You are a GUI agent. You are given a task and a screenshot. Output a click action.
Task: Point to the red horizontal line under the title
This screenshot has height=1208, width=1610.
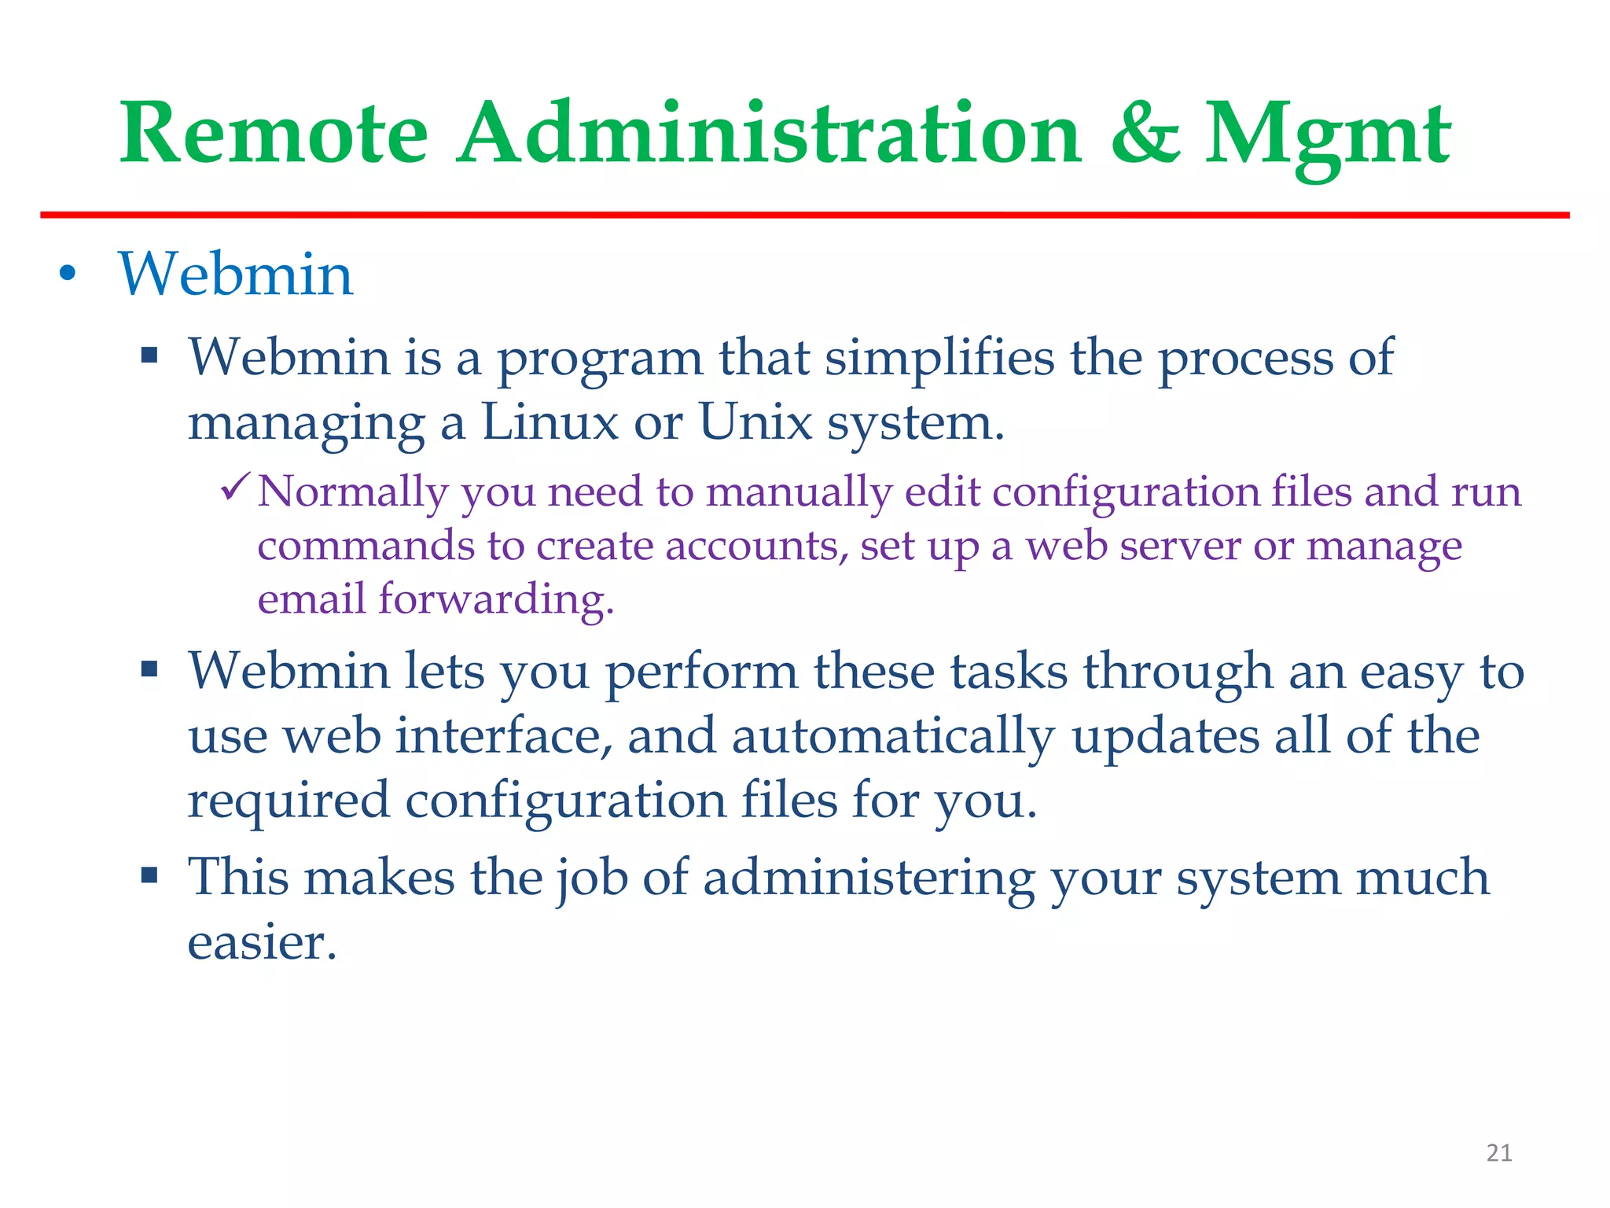[x=805, y=215]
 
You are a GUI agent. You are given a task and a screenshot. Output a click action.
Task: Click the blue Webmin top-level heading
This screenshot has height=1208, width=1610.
[x=235, y=274]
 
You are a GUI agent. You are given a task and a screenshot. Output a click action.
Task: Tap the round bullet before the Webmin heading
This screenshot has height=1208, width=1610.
[x=68, y=274]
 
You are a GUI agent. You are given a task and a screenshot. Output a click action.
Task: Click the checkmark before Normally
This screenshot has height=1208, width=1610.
[x=235, y=488]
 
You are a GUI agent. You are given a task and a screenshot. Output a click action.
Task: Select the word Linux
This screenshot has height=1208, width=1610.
[x=550, y=422]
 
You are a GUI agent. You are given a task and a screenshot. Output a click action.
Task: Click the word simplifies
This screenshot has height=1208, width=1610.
[x=939, y=358]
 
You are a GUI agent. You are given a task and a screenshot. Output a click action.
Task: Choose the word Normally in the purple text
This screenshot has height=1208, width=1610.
[x=352, y=492]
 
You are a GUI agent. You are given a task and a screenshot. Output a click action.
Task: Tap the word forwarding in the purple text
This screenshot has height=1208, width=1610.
[x=495, y=600]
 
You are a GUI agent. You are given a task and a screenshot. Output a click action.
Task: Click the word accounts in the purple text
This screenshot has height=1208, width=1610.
[x=756, y=546]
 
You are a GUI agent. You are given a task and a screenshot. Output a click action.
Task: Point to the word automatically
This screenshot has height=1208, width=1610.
[x=893, y=738]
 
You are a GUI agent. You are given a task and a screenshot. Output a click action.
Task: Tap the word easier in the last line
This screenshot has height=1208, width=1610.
[x=261, y=942]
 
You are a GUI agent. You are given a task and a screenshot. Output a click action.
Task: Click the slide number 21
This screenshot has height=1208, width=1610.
[x=1499, y=1153]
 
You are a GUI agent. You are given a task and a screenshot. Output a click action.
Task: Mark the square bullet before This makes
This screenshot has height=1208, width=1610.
[x=149, y=875]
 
